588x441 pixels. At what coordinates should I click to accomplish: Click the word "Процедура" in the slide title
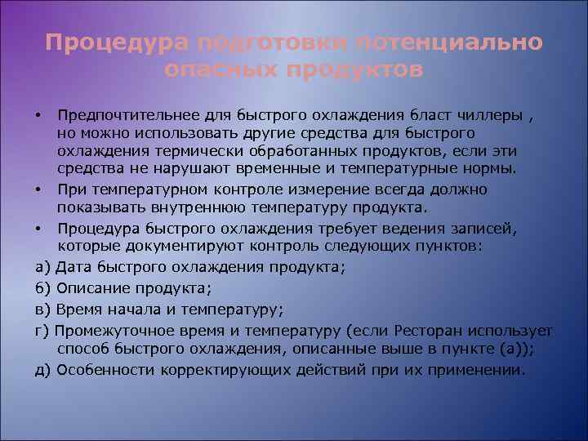pos(118,42)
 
